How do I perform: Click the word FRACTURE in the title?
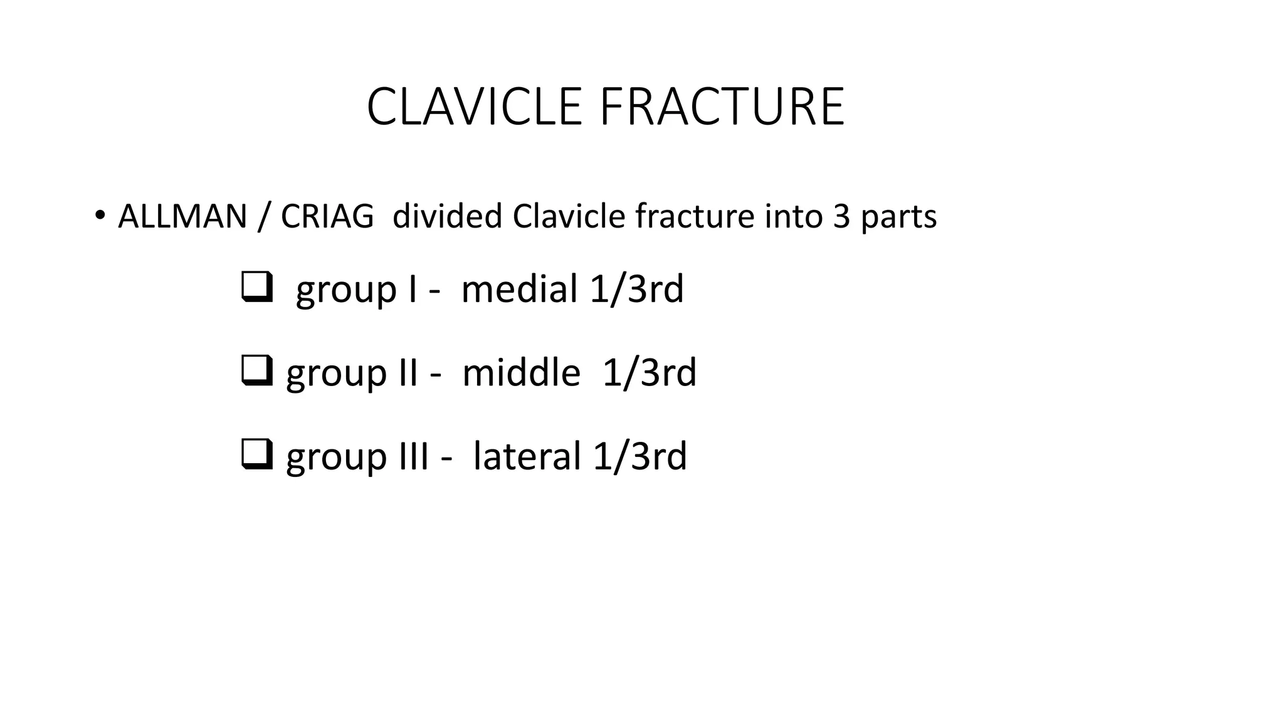(x=722, y=107)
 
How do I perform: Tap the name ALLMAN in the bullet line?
(x=182, y=217)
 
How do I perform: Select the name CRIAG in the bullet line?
(x=327, y=217)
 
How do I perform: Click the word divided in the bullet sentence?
(x=447, y=217)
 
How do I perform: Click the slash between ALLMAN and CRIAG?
(x=264, y=217)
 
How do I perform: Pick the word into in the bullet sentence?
(x=794, y=217)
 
